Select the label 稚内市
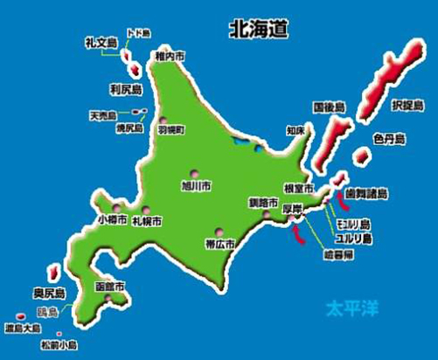170,57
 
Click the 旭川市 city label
195,185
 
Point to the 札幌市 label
146,222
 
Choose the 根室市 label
299,190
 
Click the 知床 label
295,132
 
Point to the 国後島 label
329,107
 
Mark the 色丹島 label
386,139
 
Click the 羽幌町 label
171,130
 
